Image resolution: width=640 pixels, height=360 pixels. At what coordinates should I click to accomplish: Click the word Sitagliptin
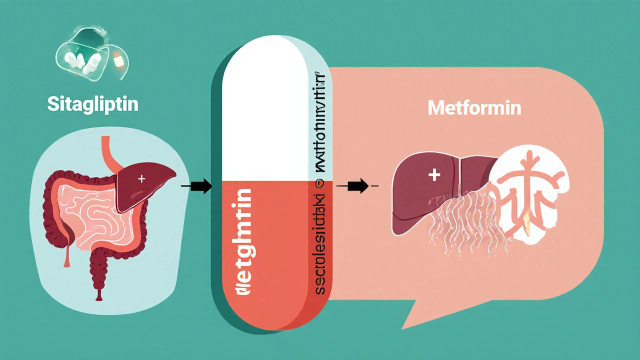[x=92, y=104]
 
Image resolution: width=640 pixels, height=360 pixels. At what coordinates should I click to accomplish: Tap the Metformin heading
[x=474, y=108]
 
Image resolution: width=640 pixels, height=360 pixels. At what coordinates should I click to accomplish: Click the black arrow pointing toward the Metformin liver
[x=355, y=186]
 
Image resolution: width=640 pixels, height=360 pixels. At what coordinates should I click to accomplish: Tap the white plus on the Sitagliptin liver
[x=142, y=178]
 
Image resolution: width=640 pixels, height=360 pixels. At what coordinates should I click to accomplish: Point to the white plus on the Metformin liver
[x=434, y=174]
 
